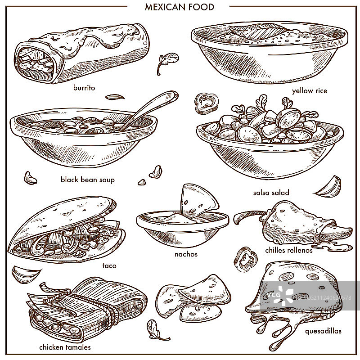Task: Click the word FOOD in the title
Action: [x=201, y=7]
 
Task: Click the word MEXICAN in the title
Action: [x=165, y=7]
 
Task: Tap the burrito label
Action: [x=84, y=88]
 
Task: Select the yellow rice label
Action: [x=310, y=91]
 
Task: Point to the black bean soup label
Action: [x=87, y=180]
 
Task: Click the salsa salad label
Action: [x=271, y=193]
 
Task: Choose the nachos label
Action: [x=186, y=254]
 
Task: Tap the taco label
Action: [x=109, y=266]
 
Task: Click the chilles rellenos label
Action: [x=289, y=250]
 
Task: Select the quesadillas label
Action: [x=323, y=331]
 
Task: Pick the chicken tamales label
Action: [x=65, y=347]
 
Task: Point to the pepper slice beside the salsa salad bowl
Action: [x=207, y=103]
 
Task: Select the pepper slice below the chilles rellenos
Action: [x=245, y=259]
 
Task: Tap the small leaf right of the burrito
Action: [x=167, y=63]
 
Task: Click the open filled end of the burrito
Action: [x=35, y=63]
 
